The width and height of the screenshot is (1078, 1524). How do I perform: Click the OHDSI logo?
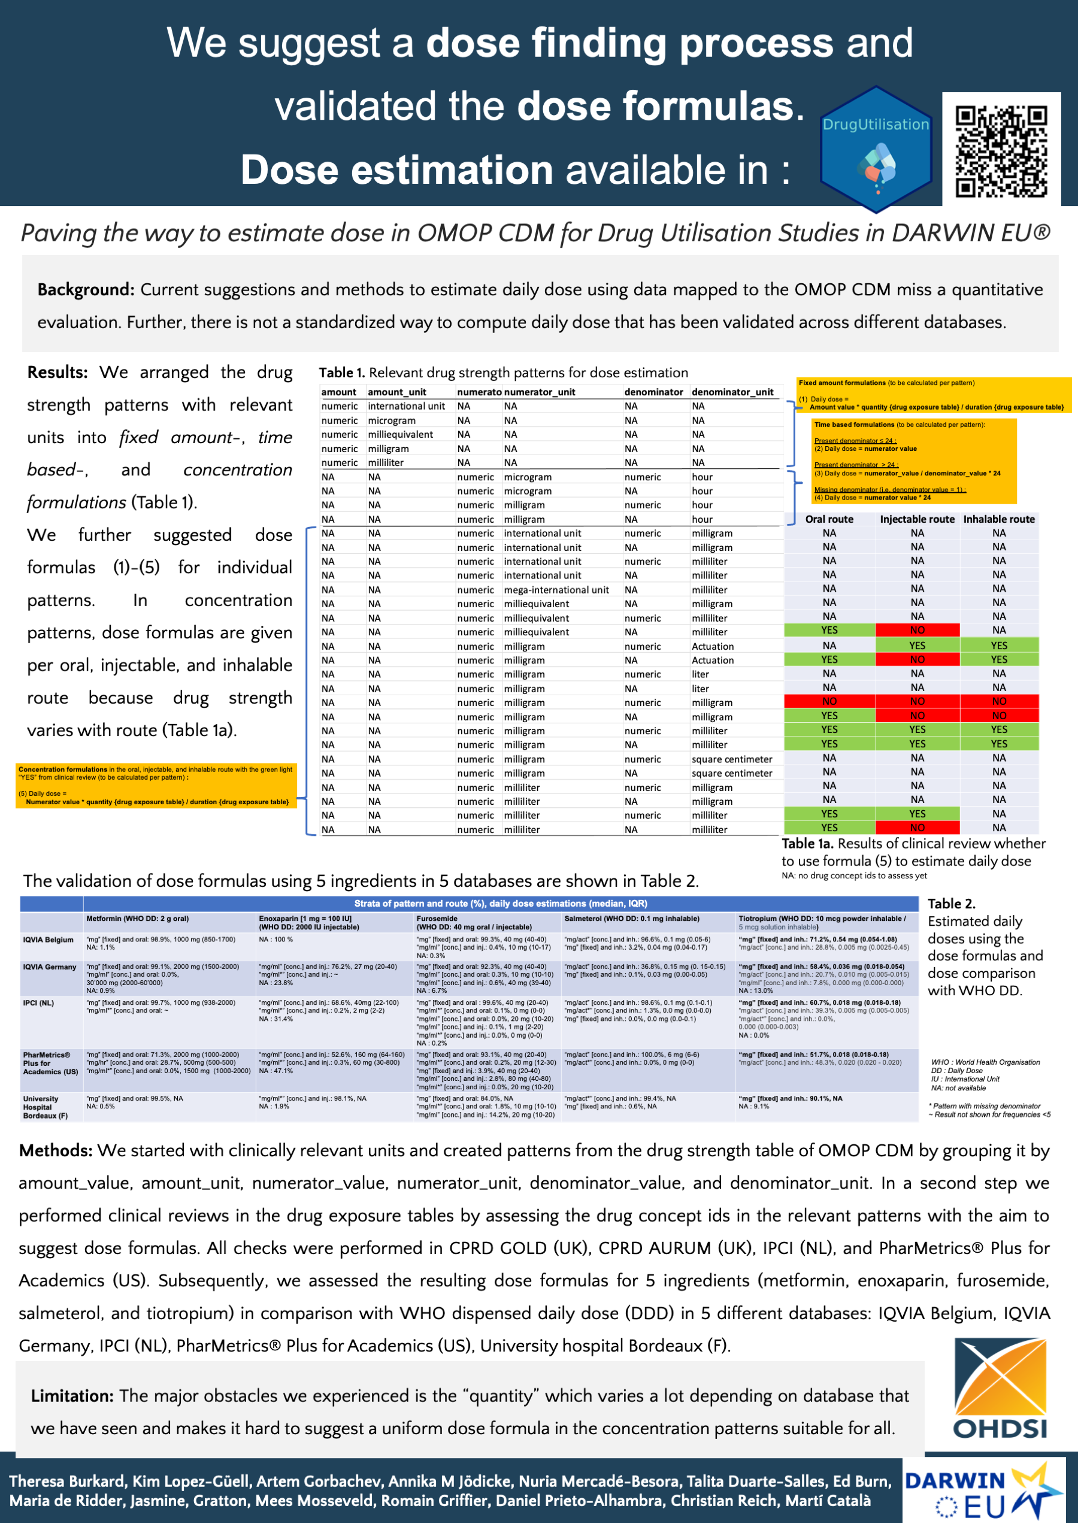[1000, 1390]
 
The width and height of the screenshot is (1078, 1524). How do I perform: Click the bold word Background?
[86, 290]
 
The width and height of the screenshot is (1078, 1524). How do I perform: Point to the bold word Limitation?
[72, 1396]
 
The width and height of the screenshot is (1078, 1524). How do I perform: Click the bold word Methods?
[56, 1150]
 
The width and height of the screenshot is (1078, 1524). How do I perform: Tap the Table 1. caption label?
[341, 373]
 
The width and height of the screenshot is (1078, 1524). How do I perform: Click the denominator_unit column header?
[732, 392]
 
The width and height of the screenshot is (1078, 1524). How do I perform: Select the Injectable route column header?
[917, 519]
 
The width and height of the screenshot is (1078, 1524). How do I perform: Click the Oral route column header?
[829, 519]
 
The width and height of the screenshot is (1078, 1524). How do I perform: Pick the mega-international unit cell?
[556, 590]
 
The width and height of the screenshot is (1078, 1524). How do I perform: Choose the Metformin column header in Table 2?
[137, 919]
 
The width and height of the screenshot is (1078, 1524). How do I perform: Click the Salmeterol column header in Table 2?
[631, 919]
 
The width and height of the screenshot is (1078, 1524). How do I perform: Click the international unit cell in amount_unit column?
[406, 406]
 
